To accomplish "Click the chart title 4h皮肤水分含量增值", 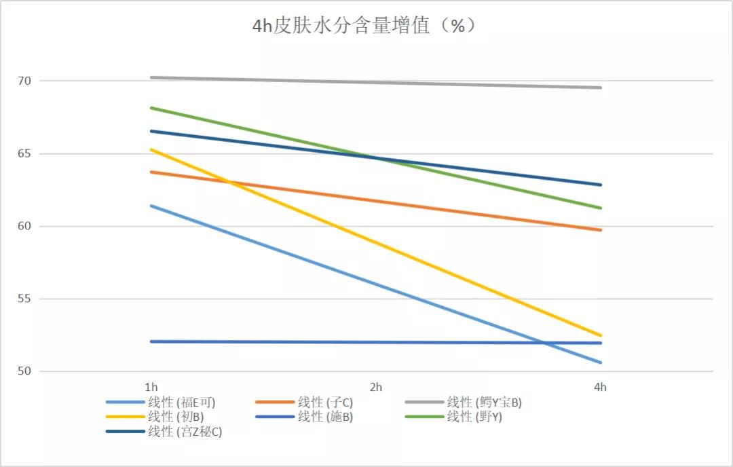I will click(x=364, y=26).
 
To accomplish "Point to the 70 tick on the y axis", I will click(x=24, y=81).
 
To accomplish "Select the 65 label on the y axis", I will click(x=24, y=153).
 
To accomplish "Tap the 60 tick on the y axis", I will click(x=24, y=226).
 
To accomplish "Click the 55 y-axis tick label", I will click(x=24, y=299).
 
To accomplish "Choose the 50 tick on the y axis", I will click(x=24, y=371).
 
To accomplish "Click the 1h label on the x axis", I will click(x=151, y=388).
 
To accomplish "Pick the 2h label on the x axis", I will click(x=375, y=388).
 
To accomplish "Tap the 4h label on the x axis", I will click(x=600, y=388).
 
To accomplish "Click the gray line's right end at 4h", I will click(x=601, y=88).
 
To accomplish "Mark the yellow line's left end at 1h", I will click(x=151, y=149).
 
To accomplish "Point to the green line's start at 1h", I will click(x=151, y=107).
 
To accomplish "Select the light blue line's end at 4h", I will click(x=601, y=362).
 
